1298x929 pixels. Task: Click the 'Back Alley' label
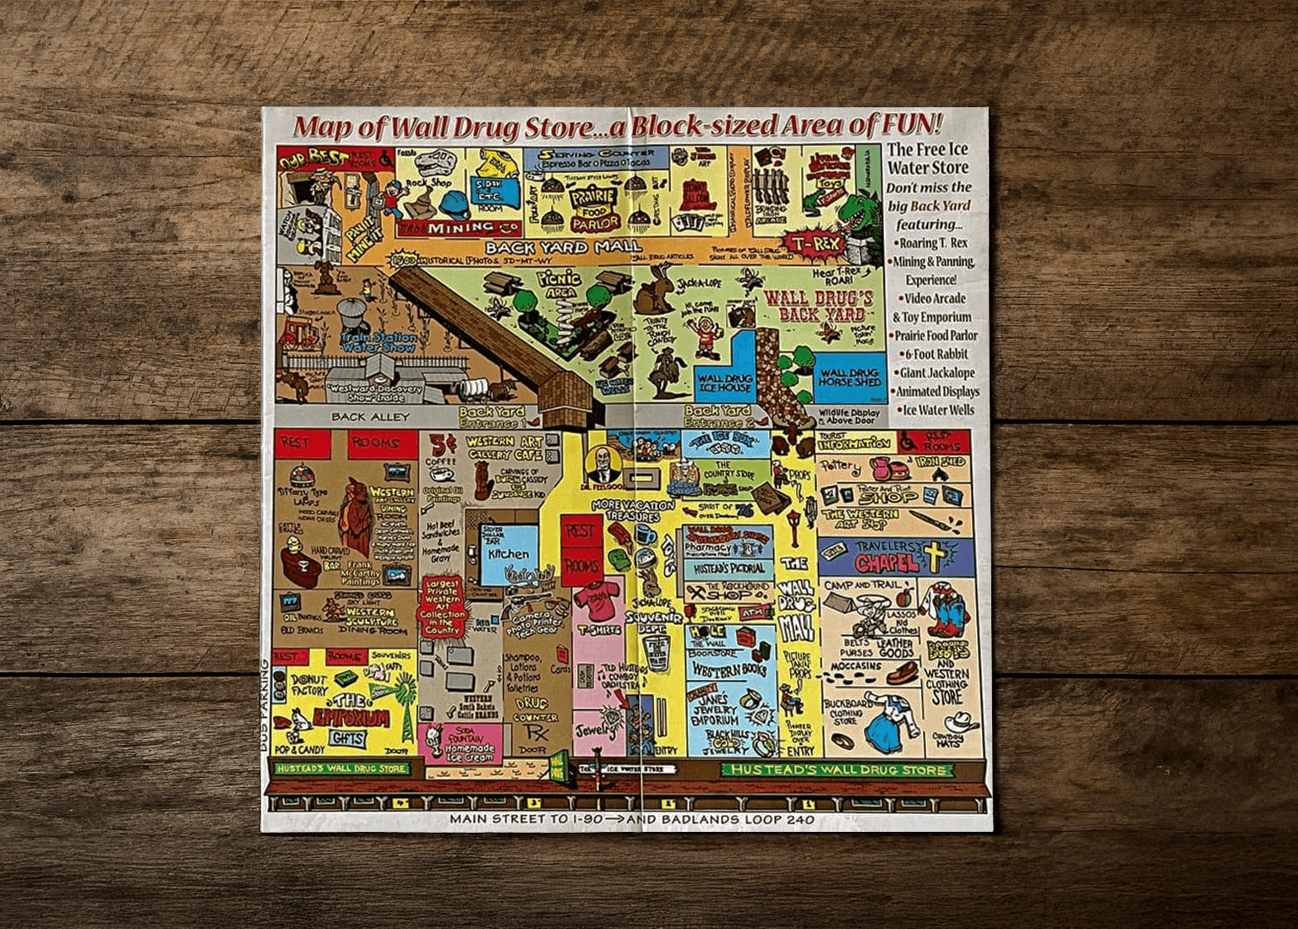[x=369, y=416]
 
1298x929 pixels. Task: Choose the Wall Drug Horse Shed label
[x=851, y=377]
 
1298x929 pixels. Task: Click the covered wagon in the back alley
[x=475, y=388]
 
